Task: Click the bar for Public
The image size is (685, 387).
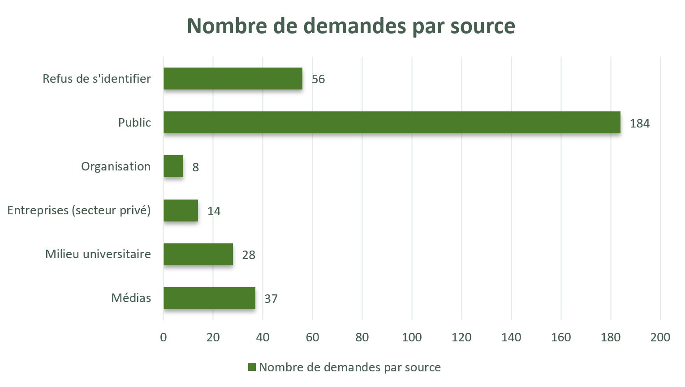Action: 392,123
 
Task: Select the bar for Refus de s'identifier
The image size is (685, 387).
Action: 233,79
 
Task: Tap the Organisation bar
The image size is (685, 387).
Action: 173,166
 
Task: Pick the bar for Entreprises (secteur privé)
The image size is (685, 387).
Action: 181,210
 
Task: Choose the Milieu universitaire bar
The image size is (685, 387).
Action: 198,254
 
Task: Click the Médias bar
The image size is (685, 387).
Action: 209,298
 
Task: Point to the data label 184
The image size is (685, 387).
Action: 639,123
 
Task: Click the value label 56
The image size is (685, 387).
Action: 318,79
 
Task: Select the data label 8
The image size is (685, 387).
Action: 195,167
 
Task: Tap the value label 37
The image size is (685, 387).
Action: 271,299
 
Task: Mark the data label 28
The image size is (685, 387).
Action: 249,255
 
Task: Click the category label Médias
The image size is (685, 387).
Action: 131,298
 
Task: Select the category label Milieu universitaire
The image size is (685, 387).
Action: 98,254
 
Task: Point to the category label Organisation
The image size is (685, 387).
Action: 116,166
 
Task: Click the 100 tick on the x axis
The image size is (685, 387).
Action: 412,337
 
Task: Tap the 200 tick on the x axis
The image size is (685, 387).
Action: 660,337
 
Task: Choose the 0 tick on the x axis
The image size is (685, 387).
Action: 164,337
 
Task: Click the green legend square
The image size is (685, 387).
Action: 252,367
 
